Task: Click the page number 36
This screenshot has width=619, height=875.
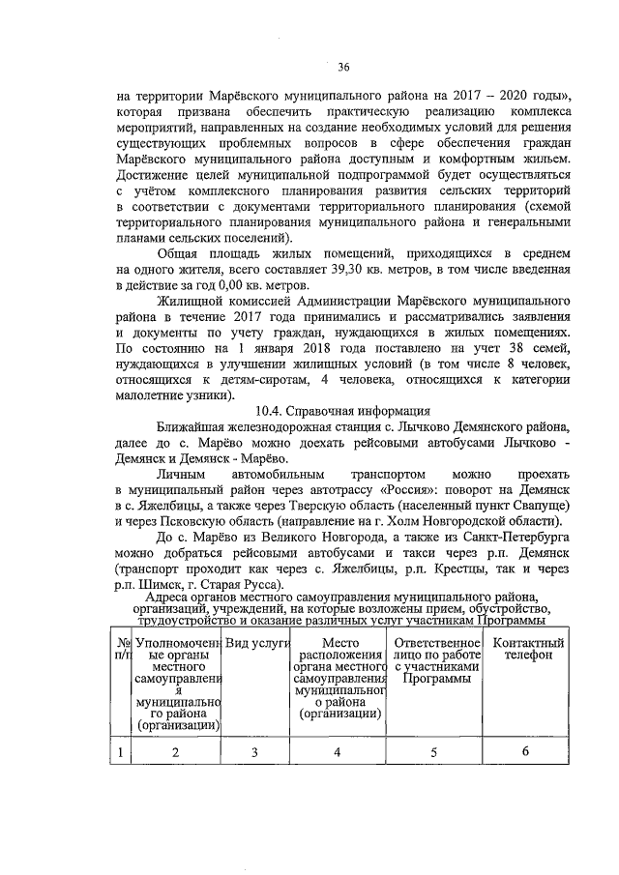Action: (x=343, y=67)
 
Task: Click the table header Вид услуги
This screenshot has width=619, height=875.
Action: (x=253, y=643)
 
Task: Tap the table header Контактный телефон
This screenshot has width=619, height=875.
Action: (x=528, y=650)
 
